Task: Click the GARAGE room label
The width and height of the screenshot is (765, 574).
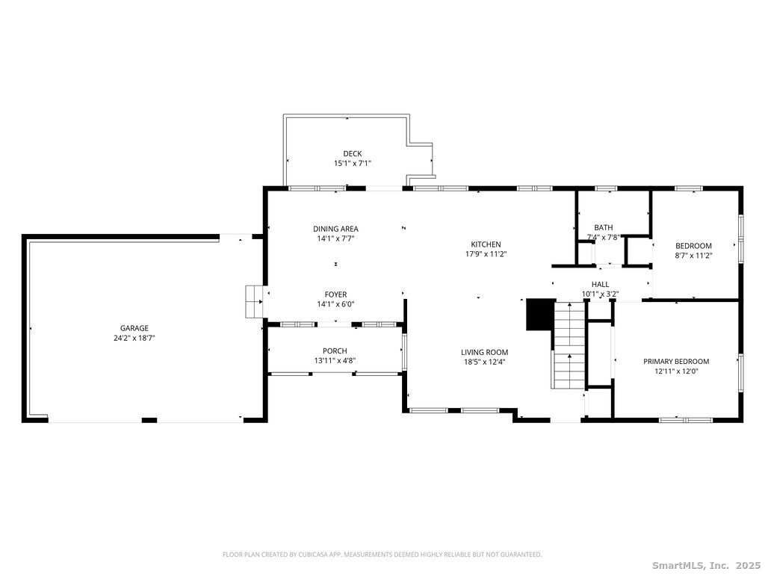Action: click(x=134, y=329)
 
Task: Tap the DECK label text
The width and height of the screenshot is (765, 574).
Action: click(x=353, y=154)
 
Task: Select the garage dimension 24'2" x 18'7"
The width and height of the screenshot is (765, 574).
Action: click(x=134, y=338)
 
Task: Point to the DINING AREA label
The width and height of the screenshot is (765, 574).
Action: click(x=335, y=229)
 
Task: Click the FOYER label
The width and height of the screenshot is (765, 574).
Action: click(x=335, y=294)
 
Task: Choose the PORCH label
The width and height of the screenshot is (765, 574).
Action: click(x=335, y=351)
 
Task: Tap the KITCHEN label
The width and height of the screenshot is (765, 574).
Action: click(x=486, y=244)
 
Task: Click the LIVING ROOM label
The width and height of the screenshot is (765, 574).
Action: click(x=484, y=353)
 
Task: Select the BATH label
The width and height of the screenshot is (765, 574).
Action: click(x=604, y=227)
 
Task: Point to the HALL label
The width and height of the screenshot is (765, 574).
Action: click(x=600, y=285)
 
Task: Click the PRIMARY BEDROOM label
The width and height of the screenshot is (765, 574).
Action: click(x=676, y=362)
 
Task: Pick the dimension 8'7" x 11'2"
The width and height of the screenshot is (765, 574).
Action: click(x=693, y=256)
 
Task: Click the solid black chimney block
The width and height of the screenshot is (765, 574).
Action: click(x=539, y=315)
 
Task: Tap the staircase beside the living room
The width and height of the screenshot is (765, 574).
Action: click(x=569, y=345)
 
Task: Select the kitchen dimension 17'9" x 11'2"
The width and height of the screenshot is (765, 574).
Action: click(x=486, y=254)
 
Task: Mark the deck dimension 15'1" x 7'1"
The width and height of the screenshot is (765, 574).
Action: click(x=353, y=164)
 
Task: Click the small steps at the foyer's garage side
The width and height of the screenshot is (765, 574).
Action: click(x=254, y=302)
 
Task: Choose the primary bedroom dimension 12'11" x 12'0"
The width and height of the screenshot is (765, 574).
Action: click(x=676, y=371)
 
